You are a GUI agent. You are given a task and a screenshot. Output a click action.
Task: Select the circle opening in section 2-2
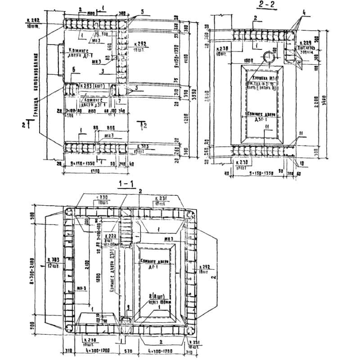(268, 57)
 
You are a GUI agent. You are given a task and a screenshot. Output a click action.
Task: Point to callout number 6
(73, 69)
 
